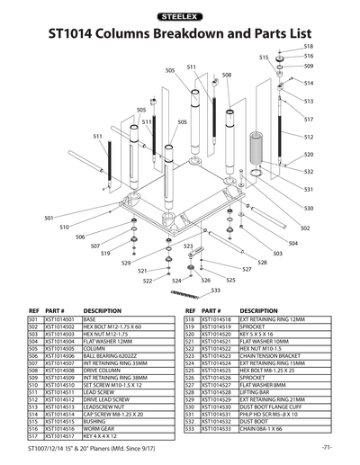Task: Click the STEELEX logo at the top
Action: click(x=179, y=16)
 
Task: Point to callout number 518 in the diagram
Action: click(x=308, y=45)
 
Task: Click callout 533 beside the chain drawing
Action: click(x=216, y=291)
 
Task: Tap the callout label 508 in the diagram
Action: click(x=227, y=75)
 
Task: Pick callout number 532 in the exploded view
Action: click(x=309, y=171)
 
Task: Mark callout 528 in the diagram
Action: click(x=263, y=263)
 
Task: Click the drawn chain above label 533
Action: click(x=190, y=295)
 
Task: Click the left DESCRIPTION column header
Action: click(x=102, y=310)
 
